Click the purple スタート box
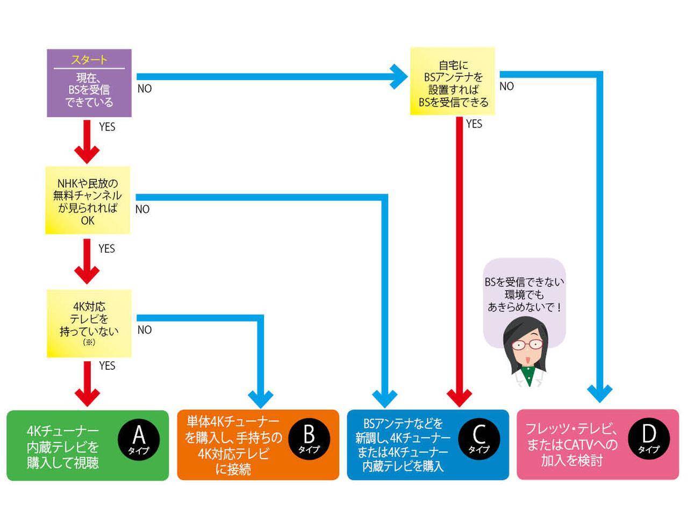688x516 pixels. coord(89,83)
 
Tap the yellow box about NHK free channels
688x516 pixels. coord(88,200)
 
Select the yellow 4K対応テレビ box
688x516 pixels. coord(89,323)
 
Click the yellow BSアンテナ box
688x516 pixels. coord(452,81)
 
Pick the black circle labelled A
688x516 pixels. coord(139,438)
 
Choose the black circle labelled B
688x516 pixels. coord(309,438)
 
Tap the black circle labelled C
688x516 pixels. coord(479,438)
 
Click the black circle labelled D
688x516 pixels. coord(649,438)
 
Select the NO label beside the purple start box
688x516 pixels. coord(145,89)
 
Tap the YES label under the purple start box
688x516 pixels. coord(107,127)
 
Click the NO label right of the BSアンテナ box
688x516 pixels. coord(507,87)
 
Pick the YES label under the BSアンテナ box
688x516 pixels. coord(474,124)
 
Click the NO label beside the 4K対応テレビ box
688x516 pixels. coord(145,330)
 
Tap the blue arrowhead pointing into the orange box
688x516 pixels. coord(261,398)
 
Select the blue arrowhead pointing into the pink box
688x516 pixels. coord(599,394)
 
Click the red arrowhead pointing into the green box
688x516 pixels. coord(87,397)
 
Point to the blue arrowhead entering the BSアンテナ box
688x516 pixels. coord(399,76)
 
